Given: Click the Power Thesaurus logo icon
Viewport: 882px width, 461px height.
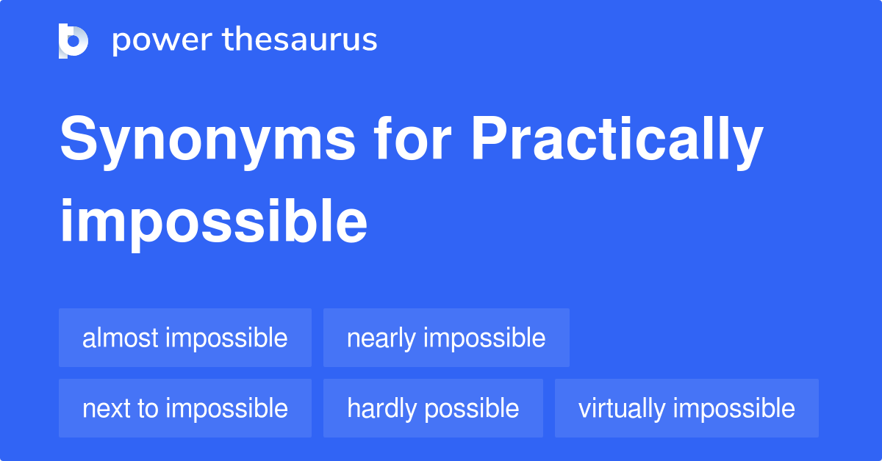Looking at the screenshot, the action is tap(73, 41).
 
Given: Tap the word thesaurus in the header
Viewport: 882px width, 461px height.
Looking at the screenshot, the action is tap(300, 39).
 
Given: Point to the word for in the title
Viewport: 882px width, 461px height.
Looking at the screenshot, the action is tap(412, 137).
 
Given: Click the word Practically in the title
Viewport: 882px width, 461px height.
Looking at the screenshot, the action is tap(617, 142).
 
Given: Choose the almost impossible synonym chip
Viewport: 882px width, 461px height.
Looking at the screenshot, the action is tap(185, 338).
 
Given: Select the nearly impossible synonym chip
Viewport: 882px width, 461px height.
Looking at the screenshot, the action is tap(447, 338).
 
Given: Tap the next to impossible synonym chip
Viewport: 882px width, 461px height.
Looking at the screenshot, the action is tap(185, 408).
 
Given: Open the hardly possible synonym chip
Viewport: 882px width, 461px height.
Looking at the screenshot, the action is tap(433, 408).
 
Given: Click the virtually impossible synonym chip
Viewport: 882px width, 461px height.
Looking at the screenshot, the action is tap(686, 408).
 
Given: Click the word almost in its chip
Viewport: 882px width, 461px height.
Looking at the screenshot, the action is tap(120, 338).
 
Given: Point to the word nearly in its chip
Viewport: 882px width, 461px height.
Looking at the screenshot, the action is tap(381, 339).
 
